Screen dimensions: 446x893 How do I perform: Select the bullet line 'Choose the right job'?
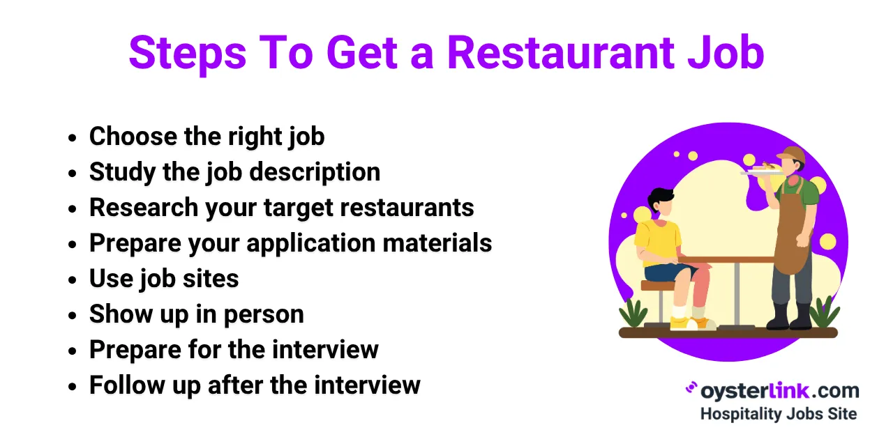(207, 136)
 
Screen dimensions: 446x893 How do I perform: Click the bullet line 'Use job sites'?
(164, 279)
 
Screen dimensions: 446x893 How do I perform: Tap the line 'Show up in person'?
(196, 314)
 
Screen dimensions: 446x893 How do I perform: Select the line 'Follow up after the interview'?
(255, 385)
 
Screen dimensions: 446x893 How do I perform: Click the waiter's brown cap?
(791, 154)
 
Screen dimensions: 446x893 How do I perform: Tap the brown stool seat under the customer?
(657, 285)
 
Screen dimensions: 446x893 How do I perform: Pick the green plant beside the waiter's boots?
(823, 314)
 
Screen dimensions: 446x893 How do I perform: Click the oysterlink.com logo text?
(779, 390)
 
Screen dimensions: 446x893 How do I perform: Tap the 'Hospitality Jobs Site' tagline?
(778, 413)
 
